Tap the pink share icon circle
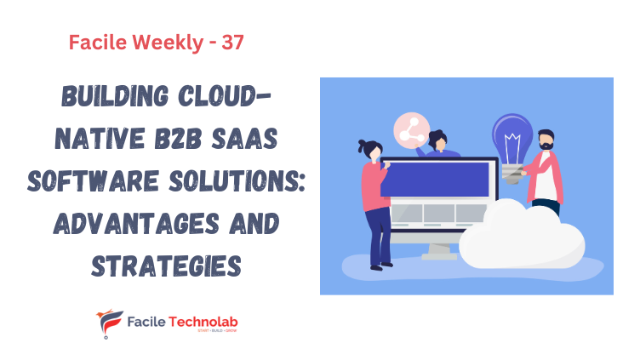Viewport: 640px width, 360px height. tap(410, 129)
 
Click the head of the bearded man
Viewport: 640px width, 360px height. tap(546, 140)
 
